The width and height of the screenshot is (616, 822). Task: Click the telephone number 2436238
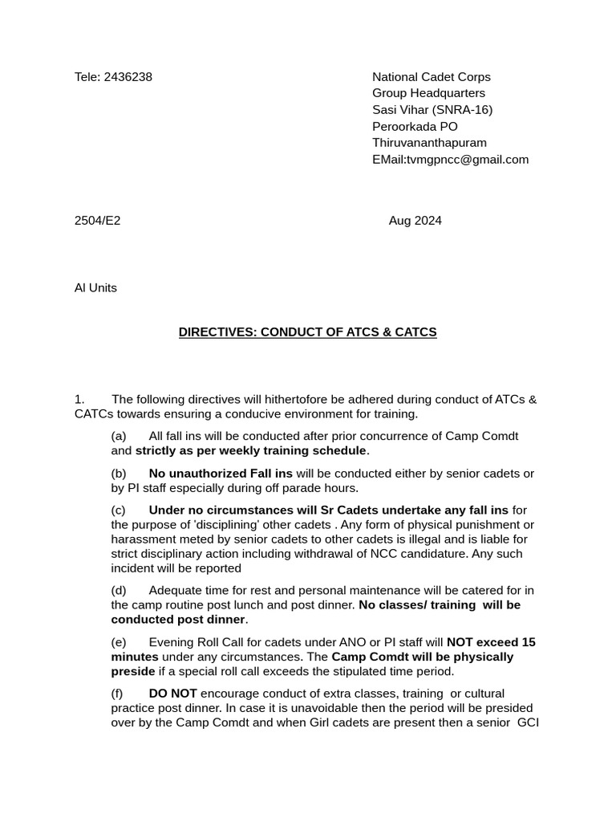point(128,77)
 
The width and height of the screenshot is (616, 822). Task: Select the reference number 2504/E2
point(97,221)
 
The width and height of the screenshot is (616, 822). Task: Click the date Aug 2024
point(415,221)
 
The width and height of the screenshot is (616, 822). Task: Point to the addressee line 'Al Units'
point(95,287)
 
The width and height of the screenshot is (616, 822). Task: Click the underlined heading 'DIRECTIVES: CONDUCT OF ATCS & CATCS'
point(307,332)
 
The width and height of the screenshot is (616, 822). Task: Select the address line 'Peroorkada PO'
point(415,126)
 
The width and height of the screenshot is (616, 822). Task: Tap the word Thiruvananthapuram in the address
point(429,142)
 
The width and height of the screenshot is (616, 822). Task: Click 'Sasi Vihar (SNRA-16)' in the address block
point(432,110)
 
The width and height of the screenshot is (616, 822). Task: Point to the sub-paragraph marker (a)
point(119,436)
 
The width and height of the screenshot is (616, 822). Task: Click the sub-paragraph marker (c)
point(119,510)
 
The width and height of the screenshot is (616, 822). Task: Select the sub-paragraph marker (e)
point(119,642)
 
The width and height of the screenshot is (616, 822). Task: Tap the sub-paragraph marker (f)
point(118,693)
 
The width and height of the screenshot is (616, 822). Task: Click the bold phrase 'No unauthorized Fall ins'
point(221,473)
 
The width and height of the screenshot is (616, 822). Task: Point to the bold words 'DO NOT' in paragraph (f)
point(172,693)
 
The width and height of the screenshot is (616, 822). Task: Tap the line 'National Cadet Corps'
point(431,77)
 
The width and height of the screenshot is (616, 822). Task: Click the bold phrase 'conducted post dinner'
point(177,619)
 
